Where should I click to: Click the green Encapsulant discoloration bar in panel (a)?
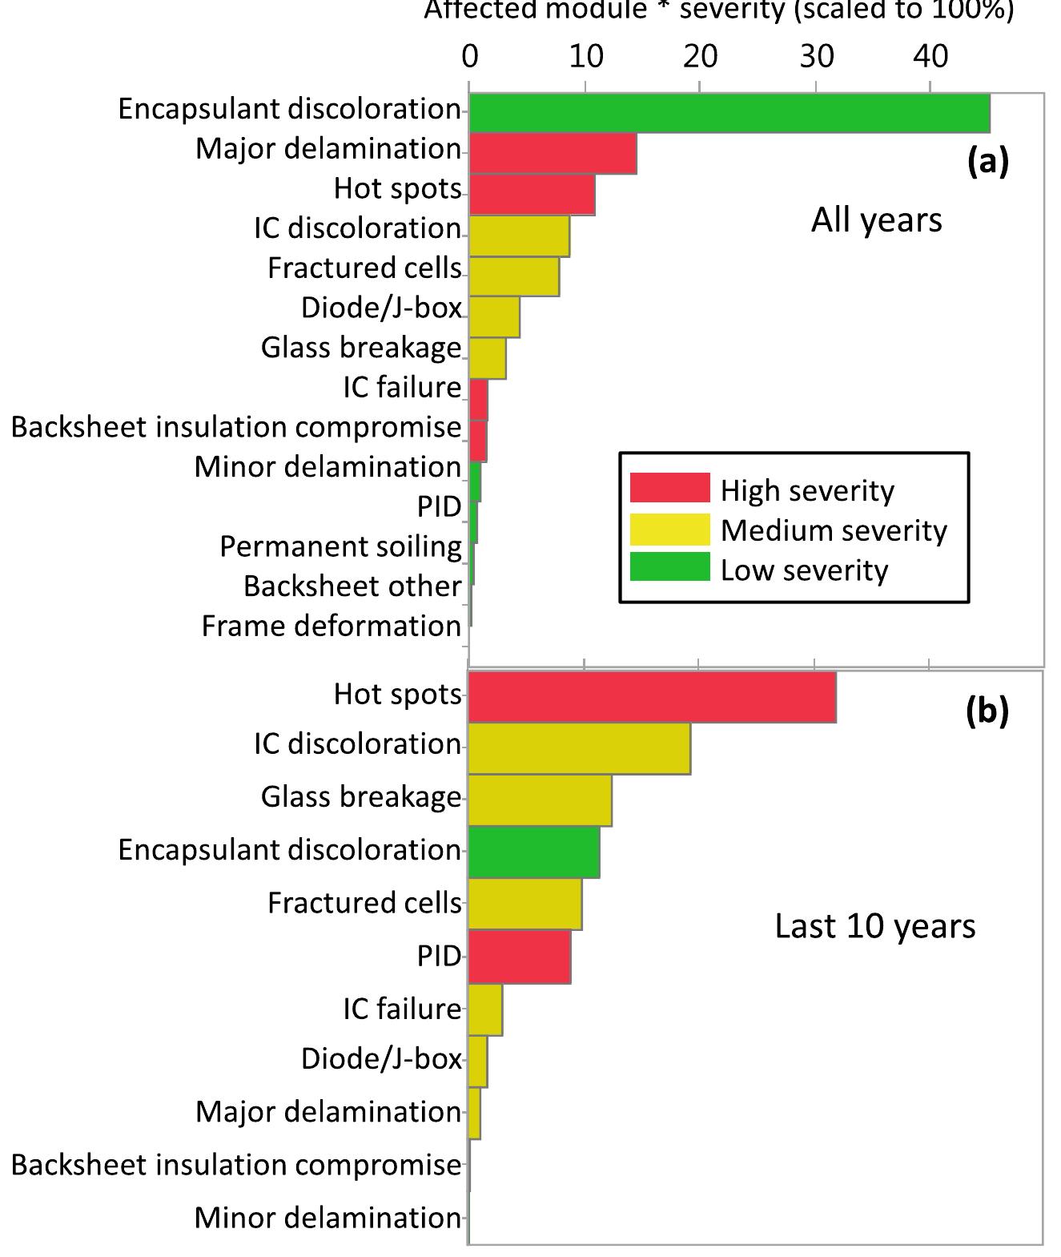tap(729, 113)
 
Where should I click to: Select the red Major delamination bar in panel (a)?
tap(553, 154)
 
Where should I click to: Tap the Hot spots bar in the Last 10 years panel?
tap(652, 697)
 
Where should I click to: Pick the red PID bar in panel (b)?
tap(519, 956)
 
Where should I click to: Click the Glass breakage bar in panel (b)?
tap(540, 800)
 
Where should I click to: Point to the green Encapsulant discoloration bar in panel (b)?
tap(533, 852)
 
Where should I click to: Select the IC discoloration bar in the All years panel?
tap(519, 236)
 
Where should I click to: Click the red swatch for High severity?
tap(669, 488)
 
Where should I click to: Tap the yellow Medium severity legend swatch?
tap(669, 530)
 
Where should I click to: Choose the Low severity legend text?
tap(804, 570)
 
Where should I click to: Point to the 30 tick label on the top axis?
tap(816, 56)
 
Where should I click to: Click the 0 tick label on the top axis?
tap(470, 56)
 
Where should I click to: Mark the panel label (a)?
tap(987, 161)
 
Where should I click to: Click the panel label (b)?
tap(987, 710)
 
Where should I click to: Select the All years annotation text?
tap(876, 220)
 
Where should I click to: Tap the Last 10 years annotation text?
tap(874, 926)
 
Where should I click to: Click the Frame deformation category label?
tap(331, 626)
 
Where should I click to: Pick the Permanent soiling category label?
tap(340, 546)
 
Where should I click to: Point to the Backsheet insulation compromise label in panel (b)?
tap(236, 1165)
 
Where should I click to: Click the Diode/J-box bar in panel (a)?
tap(494, 316)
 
